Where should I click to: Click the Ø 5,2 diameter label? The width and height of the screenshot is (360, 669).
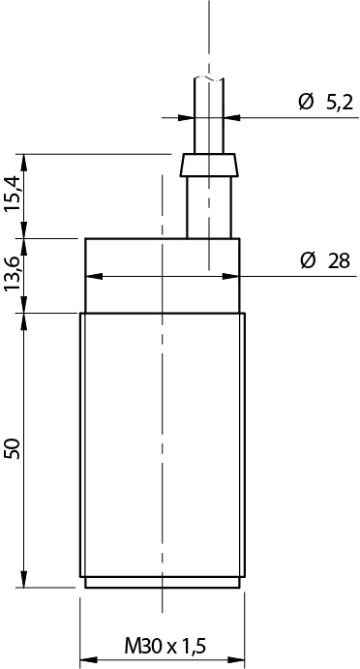coord(326,103)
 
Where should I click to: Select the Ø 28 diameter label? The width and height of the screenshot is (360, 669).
coord(325,260)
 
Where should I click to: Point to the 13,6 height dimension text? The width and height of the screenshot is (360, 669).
coord(13,274)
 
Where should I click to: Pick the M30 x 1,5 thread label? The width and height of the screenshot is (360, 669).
coord(165,647)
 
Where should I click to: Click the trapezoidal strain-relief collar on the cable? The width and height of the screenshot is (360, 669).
coord(209,165)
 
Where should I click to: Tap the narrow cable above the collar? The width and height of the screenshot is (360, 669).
coord(209,115)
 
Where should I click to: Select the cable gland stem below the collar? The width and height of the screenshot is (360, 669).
coord(209,207)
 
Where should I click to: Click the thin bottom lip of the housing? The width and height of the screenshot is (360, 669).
coord(162,583)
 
